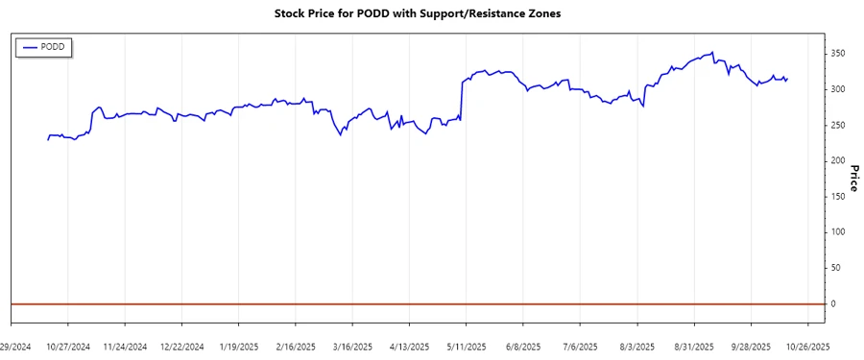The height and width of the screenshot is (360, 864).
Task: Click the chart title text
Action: (x=431, y=15)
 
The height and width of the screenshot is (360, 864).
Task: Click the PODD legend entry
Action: (x=45, y=46)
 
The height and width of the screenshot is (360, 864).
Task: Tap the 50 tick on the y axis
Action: (x=837, y=268)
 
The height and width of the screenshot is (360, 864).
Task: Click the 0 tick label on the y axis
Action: (x=834, y=303)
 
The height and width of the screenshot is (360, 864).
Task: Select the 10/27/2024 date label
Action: (x=68, y=346)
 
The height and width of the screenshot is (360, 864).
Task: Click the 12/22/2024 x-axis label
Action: (x=181, y=346)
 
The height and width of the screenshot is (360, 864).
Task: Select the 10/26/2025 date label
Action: (x=808, y=346)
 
